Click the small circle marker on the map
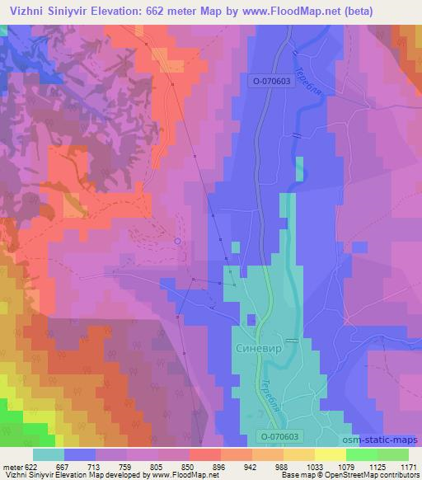[x=177, y=240]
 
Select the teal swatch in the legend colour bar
[x=49, y=454]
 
